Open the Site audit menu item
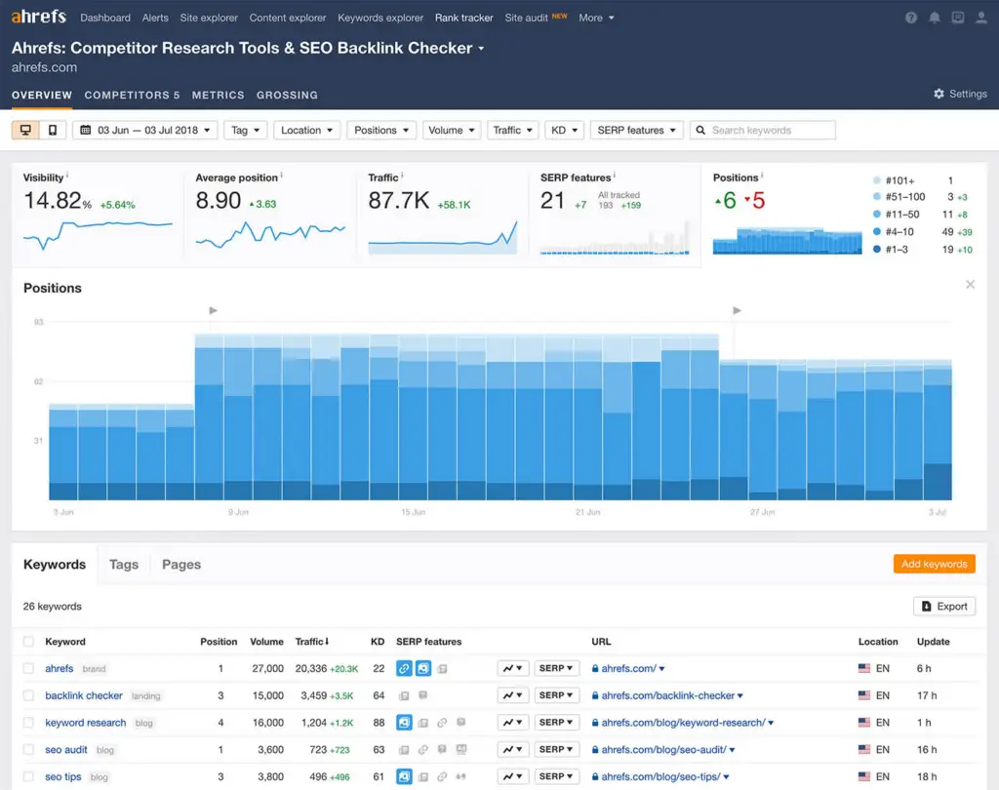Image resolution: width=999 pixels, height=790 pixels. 527,18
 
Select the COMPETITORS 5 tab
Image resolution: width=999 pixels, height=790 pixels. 132,95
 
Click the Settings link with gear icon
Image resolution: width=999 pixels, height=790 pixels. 960,94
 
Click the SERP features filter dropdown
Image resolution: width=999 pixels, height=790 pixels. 636,130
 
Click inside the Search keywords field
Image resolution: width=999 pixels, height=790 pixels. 771,130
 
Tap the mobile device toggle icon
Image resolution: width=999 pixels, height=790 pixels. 53,130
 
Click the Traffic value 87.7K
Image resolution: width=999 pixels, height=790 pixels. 399,201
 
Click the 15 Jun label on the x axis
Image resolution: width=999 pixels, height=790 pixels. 413,512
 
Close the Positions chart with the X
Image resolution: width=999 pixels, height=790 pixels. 970,285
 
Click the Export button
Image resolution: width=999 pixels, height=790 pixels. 944,606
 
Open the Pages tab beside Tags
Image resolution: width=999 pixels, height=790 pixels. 181,565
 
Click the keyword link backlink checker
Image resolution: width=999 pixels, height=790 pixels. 84,695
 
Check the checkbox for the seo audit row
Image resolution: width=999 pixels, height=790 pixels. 28,750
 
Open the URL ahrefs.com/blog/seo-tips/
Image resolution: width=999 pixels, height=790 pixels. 661,776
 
